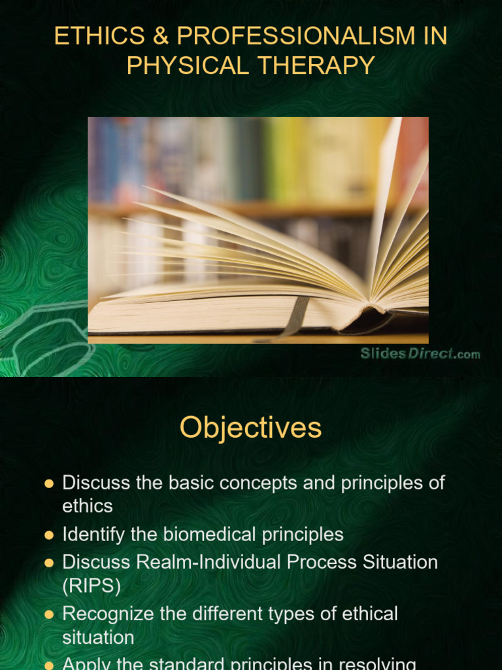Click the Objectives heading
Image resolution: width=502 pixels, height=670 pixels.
[250, 428]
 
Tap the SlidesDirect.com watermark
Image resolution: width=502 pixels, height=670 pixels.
[420, 354]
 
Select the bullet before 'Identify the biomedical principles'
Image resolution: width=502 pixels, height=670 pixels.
[48, 535]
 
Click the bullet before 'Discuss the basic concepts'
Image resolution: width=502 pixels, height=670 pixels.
[48, 484]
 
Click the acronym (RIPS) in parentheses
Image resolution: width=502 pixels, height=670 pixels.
[92, 586]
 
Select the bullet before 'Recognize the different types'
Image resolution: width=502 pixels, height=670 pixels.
[48, 614]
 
